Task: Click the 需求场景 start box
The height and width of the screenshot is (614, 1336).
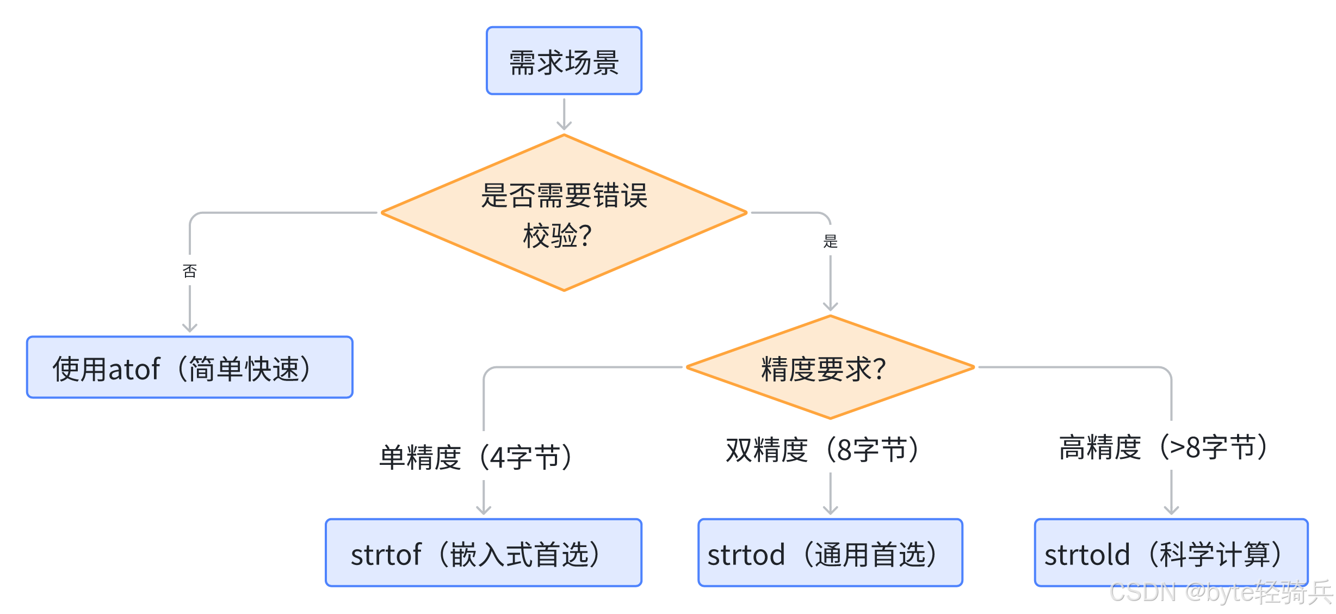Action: coord(564,61)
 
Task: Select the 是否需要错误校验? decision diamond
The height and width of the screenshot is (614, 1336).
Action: coord(564,213)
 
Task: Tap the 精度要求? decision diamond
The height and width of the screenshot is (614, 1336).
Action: coord(830,368)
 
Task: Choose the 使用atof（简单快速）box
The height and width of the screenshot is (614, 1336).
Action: coord(189,367)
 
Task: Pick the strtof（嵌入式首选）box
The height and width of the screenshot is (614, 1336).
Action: coord(483,552)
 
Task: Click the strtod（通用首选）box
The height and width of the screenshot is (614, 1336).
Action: coord(830,552)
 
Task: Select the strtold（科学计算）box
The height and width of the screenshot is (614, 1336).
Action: coord(1171,552)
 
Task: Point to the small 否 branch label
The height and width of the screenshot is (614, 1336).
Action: coord(189,271)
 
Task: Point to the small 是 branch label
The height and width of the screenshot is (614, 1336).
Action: coord(830,241)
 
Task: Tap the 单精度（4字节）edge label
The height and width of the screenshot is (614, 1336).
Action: coord(476,457)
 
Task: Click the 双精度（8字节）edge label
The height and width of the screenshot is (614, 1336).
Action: coord(822,450)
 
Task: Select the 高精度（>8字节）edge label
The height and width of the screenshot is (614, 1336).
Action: coord(1163,447)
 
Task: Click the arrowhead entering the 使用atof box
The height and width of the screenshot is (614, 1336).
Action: coord(189,328)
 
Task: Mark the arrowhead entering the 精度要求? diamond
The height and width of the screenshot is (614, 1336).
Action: coord(830,306)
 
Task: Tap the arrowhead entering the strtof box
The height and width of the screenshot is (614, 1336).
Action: coord(484,511)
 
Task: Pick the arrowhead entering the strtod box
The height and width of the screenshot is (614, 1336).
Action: coord(830,511)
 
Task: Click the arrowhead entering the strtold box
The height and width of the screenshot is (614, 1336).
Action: coord(1171,511)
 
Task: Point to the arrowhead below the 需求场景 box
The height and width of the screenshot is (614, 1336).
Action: coord(564,126)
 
